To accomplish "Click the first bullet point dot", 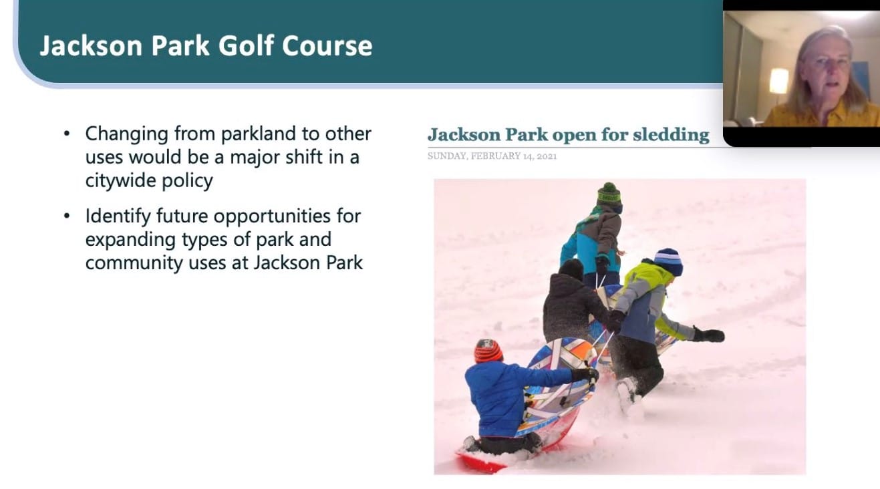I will tap(67, 134).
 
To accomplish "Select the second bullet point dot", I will tap(67, 216).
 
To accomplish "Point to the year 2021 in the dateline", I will tap(547, 156).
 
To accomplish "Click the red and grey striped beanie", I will tap(488, 351).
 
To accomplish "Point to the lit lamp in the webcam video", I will tap(778, 81).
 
